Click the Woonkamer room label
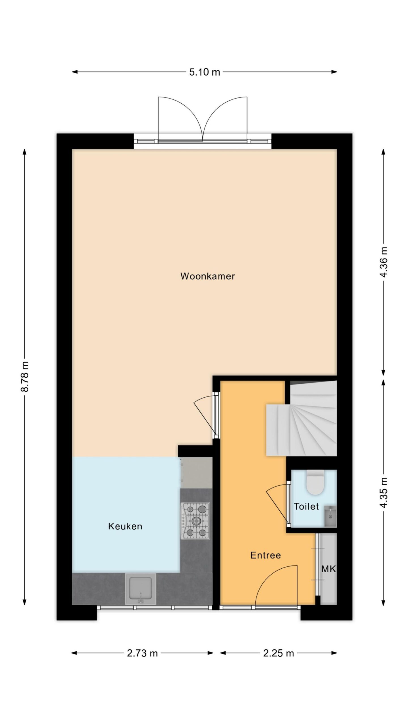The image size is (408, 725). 207,276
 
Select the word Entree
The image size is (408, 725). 265,555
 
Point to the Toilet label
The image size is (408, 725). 306,506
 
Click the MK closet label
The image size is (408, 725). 328,569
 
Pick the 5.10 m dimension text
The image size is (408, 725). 205,72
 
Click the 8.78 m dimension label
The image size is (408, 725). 25,377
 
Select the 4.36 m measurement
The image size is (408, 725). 384,262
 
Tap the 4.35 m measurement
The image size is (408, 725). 384,493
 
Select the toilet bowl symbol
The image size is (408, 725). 315,482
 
